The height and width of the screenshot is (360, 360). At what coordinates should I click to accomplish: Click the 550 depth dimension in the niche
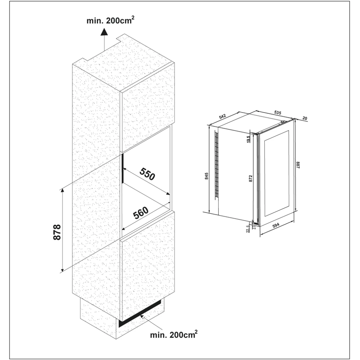pos(147,175)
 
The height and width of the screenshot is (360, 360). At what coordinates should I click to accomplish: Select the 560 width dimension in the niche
pos(141,212)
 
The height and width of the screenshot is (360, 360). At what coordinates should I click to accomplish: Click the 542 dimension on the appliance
pos(223,116)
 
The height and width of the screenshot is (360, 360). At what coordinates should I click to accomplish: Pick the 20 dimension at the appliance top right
pos(305,119)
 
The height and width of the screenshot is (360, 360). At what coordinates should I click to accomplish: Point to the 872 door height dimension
pos(251,179)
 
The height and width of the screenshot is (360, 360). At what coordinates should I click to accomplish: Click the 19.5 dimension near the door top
pos(249,139)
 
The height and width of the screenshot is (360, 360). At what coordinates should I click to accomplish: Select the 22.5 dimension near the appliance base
pos(248,228)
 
